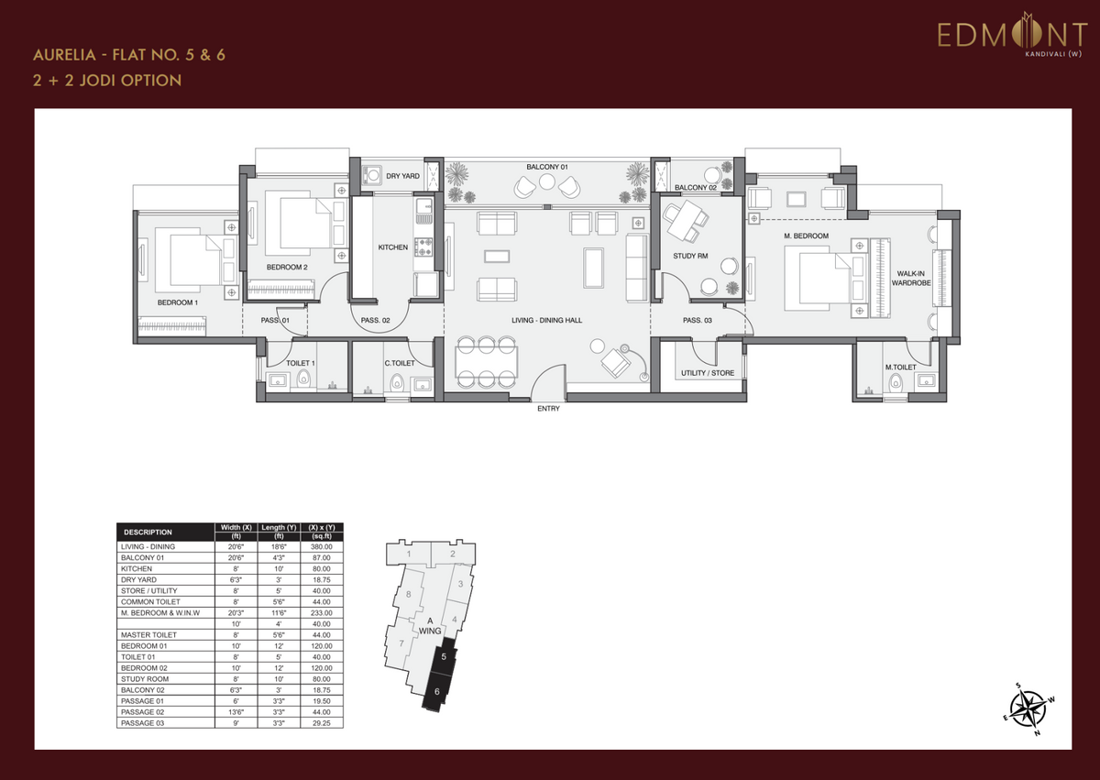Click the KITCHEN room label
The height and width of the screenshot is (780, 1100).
(393, 247)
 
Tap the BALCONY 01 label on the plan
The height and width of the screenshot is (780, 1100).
(547, 167)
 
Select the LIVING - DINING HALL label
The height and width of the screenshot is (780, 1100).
(546, 320)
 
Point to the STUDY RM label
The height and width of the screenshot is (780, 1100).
(690, 256)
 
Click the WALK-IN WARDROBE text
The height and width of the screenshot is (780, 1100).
(911, 279)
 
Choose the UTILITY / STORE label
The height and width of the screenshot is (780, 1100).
(708, 373)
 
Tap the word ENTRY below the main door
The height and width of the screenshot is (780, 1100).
(548, 409)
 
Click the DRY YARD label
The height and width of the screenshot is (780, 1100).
(402, 176)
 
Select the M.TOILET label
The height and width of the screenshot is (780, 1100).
(900, 368)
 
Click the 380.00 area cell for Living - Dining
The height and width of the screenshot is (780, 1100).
(322, 547)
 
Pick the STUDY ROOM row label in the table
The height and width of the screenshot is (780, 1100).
(145, 679)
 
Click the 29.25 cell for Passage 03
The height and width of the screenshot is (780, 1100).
(322, 723)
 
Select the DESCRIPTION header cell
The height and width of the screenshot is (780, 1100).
(148, 533)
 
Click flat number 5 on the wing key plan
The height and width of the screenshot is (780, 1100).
(444, 657)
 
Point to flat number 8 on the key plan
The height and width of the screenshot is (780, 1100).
(409, 595)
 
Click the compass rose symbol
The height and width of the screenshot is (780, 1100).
(1029, 709)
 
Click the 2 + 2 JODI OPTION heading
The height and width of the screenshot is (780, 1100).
(107, 81)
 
